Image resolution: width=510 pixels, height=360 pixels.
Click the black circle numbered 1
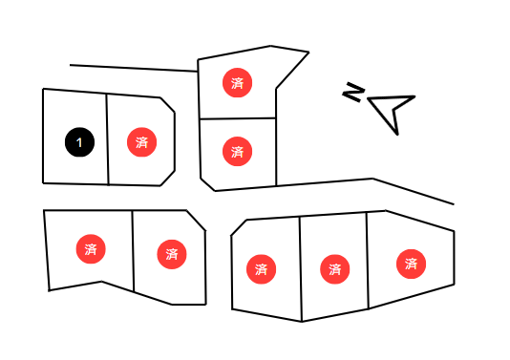coord(79,142)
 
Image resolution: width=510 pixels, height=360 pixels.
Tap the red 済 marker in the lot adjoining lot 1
coord(141,142)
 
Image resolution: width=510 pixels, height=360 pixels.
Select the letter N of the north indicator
coord(353,92)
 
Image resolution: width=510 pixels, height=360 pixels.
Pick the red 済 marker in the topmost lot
coord(238,83)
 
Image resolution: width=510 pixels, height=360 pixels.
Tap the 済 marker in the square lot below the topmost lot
coord(238,151)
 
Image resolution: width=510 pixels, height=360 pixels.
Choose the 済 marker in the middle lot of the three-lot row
coord(335,269)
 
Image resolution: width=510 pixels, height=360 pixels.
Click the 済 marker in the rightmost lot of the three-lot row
coord(411,264)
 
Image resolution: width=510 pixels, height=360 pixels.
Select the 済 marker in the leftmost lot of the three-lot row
coord(262,269)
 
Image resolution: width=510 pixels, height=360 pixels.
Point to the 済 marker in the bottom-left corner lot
coord(91,249)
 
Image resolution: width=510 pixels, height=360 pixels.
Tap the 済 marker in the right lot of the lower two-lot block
coord(172,254)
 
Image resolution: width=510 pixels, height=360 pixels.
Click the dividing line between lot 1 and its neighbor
coord(107,139)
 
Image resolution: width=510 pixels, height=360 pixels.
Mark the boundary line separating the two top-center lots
coord(238,118)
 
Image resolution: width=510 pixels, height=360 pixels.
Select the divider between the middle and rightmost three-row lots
coord(368,261)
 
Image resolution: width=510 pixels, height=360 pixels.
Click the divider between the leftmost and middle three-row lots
coord(301,269)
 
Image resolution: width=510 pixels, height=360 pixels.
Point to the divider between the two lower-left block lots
coord(133,251)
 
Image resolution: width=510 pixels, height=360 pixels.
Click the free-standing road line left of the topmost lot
coord(134,68)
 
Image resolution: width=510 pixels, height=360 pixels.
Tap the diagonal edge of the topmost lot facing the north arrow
coord(292,71)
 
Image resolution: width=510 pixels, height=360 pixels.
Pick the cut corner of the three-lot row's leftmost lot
coord(239,227)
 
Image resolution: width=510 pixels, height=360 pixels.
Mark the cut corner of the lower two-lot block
coord(196,221)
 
